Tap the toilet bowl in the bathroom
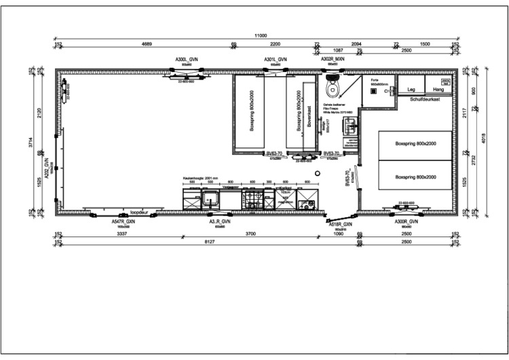[x=332, y=87]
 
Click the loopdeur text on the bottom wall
[x=139, y=211]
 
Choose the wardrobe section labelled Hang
[x=438, y=89]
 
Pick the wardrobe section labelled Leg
[x=411, y=89]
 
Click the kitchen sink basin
[x=210, y=199]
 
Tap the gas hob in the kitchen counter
[x=254, y=199]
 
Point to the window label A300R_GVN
[x=407, y=221]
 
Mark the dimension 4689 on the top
[x=146, y=44]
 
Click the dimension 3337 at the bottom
[x=121, y=234]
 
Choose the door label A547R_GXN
[x=124, y=221]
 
